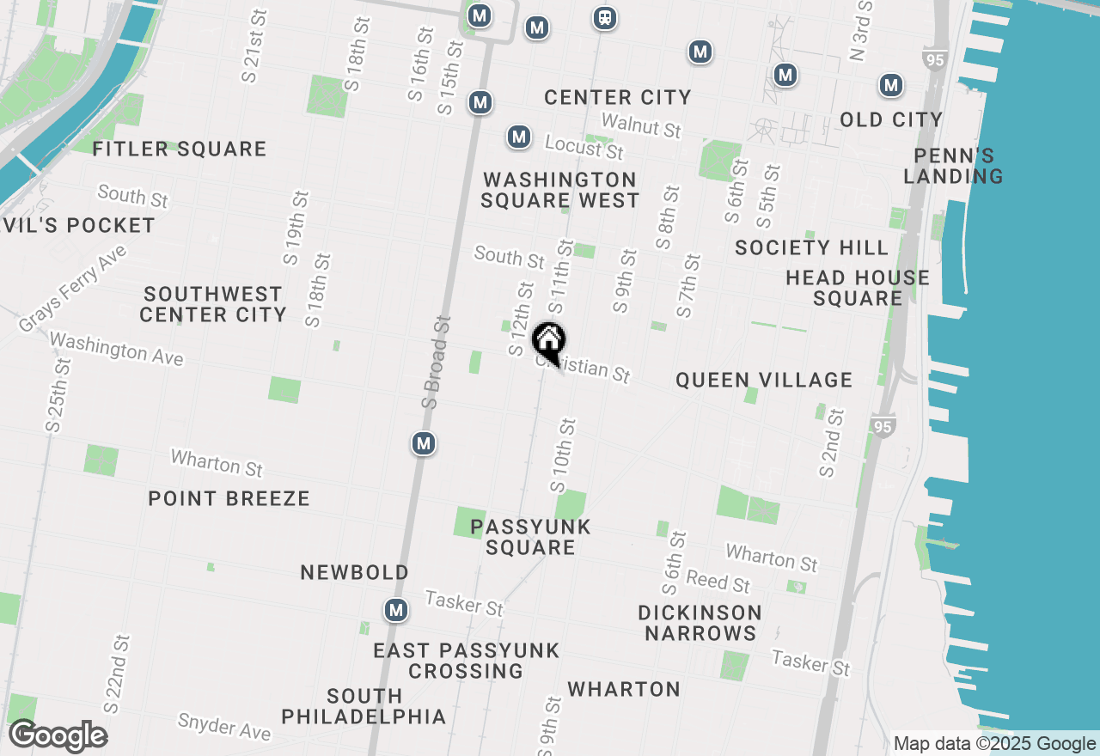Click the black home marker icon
coord(548,342)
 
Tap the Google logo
coord(58,736)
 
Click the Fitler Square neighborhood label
coord(180,149)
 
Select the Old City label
coord(891,119)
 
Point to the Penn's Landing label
coord(954,166)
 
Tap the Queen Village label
coord(764,380)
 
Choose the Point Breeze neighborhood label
coord(229,498)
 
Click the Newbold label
coord(354,572)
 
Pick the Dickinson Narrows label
coord(700,623)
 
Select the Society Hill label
coord(811,247)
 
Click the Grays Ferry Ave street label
coord(73,289)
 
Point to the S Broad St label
coord(437,361)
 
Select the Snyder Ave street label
coord(223,726)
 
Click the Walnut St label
coord(641,125)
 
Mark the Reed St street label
coord(718,582)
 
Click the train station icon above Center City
coord(605,18)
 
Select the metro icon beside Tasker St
coord(395,610)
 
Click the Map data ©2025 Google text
coord(994,744)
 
